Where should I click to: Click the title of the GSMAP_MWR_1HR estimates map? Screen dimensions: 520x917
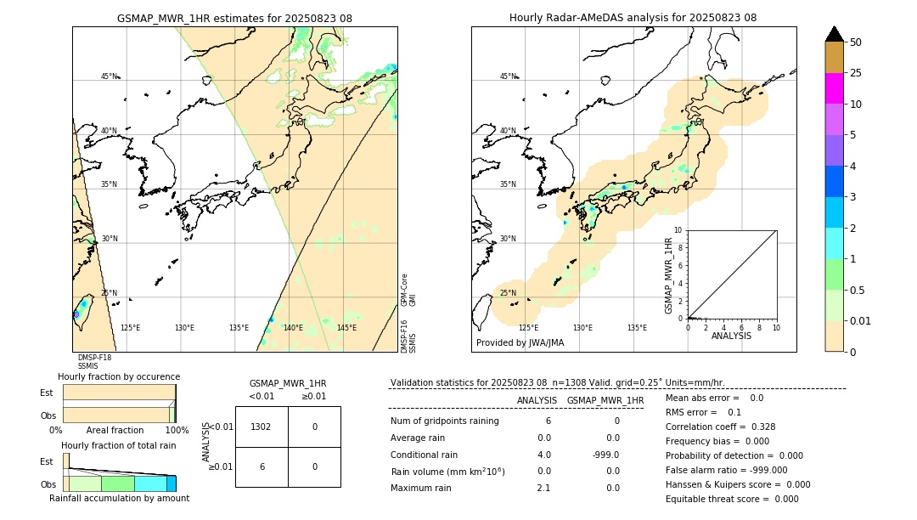coord(234,18)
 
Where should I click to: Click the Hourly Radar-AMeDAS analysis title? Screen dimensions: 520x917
coord(633,18)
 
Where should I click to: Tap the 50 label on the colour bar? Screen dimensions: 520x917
coord(856,42)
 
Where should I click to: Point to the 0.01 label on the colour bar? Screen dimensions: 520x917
coord(861,320)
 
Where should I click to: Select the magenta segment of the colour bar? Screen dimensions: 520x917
coord(834,88)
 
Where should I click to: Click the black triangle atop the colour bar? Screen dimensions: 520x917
coord(834,34)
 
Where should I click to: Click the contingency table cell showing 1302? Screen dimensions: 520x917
coord(262,427)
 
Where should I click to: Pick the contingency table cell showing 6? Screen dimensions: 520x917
coord(262,466)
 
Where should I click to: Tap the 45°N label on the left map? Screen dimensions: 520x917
coord(110,76)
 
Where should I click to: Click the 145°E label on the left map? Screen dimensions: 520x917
coord(346,328)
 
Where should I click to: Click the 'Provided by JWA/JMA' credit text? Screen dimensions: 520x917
coord(520,343)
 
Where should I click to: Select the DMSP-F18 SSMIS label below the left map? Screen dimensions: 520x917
coord(94,362)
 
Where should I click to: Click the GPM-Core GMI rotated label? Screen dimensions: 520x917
coord(408,290)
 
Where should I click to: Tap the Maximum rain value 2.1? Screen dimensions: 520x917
coord(543,488)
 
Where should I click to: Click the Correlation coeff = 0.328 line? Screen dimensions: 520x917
coord(720,427)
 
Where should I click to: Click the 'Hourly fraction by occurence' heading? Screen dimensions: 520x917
coord(119,376)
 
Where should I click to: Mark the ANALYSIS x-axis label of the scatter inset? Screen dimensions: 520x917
coord(732,336)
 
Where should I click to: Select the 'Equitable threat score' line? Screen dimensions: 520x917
coord(732,499)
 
